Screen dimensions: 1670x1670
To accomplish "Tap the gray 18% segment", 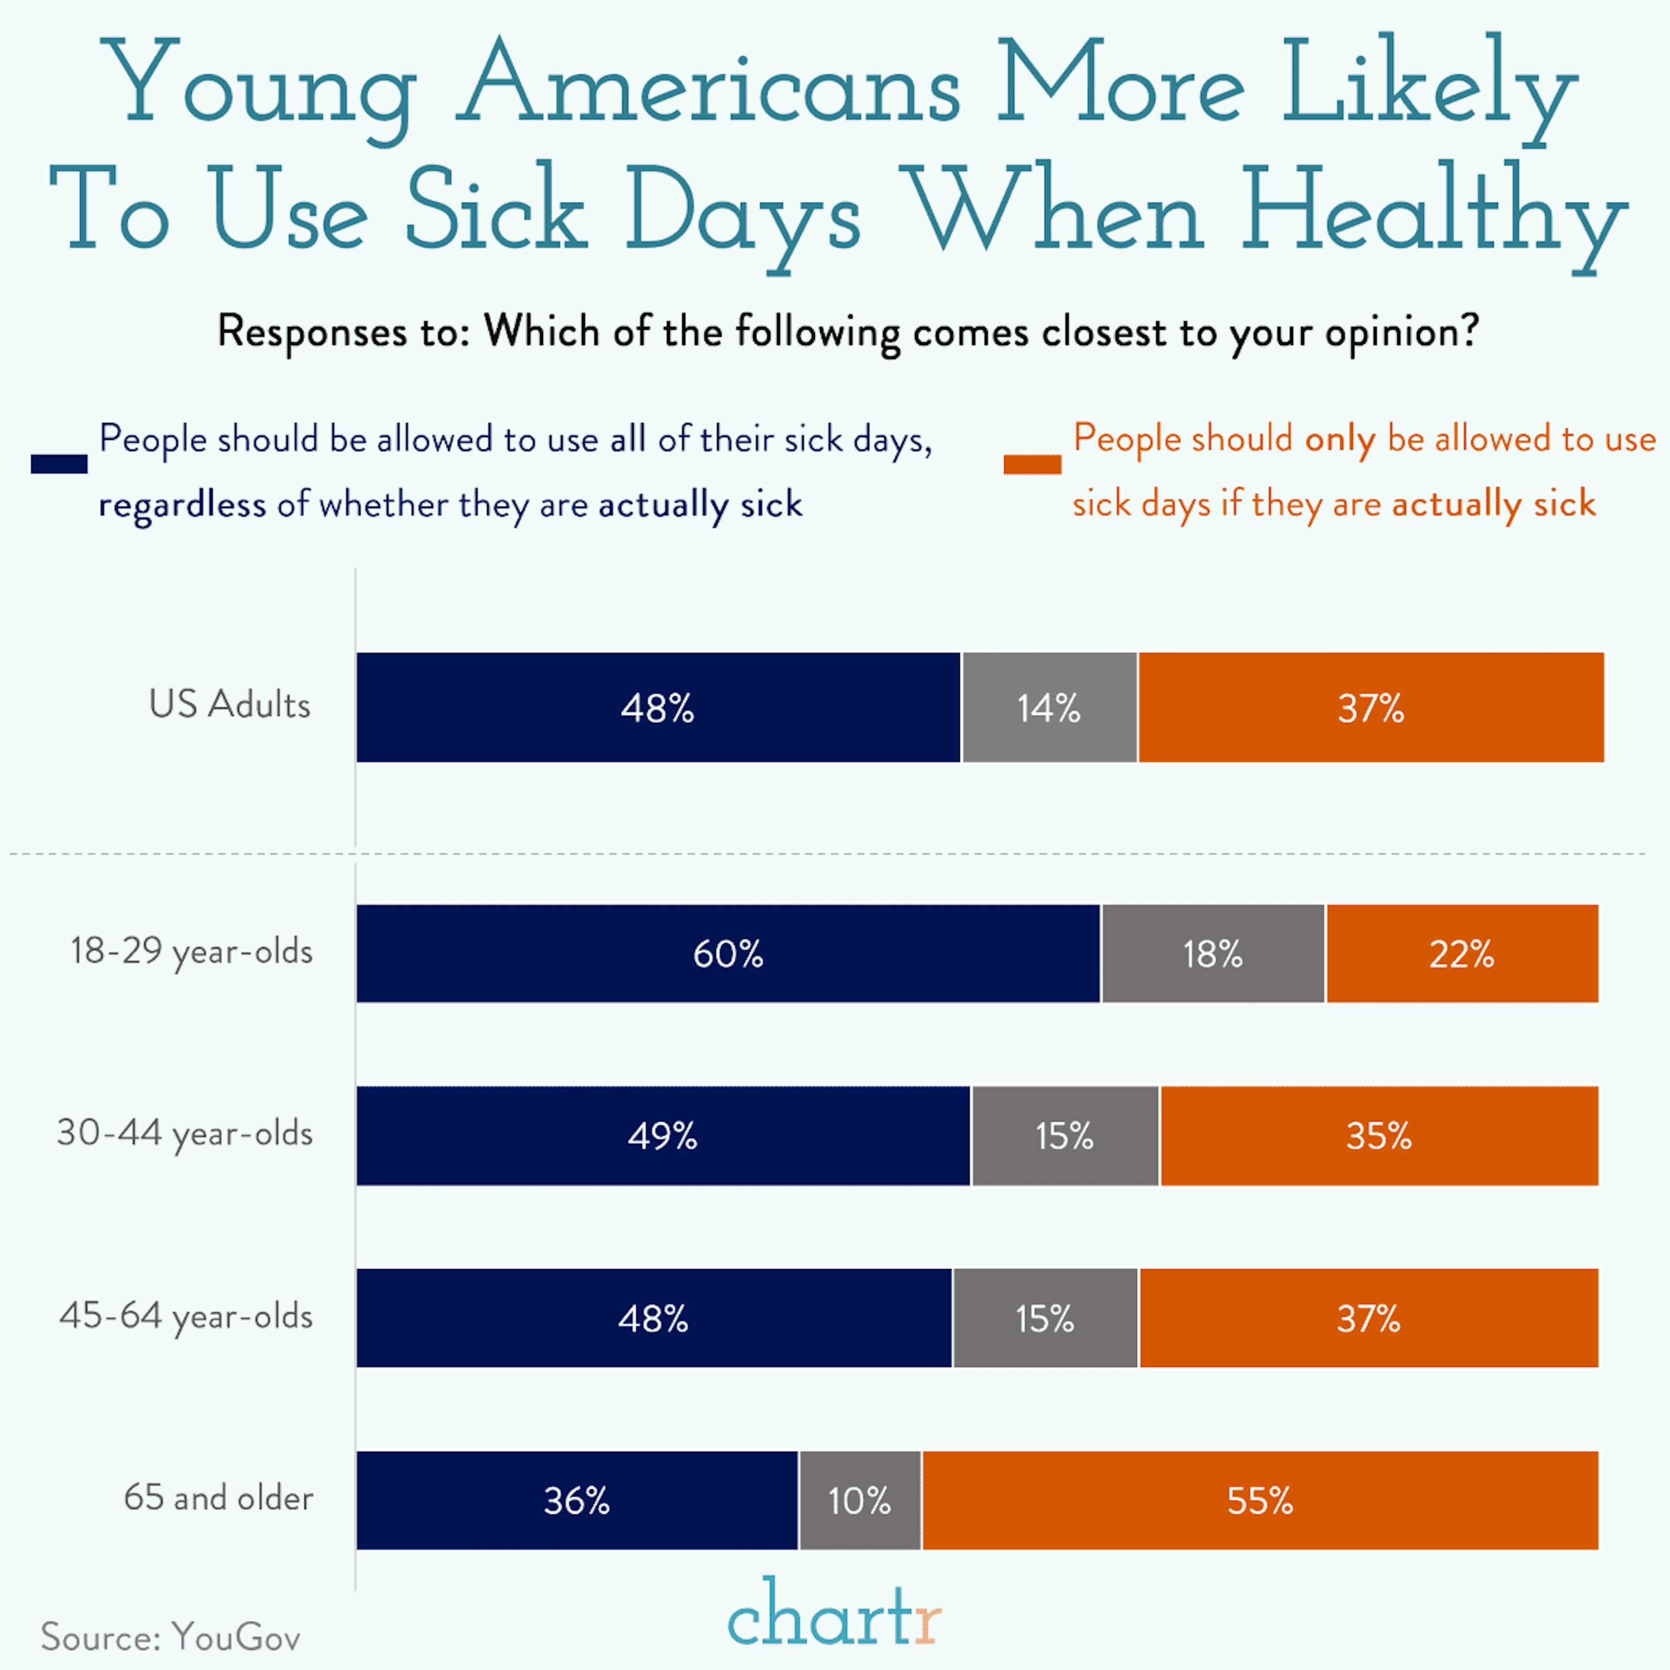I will pyautogui.click(x=1213, y=953).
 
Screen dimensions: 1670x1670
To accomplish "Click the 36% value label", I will pyautogui.click(x=577, y=1500).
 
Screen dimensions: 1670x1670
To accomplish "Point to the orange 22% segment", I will pyautogui.click(x=1462, y=953).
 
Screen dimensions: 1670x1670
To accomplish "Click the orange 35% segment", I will pyautogui.click(x=1379, y=1136).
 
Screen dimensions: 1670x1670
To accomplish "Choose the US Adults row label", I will pyautogui.click(x=229, y=705).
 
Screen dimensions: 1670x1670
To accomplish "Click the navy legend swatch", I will pyautogui.click(x=59, y=464).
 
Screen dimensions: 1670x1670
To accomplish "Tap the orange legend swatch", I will pyautogui.click(x=1032, y=464).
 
